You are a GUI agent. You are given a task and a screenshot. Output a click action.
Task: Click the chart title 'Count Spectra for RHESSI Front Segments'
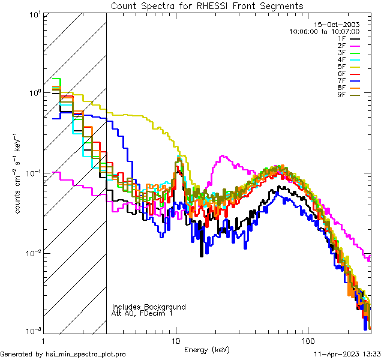tap(207, 6)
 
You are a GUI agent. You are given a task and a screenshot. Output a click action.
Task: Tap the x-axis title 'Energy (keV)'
tap(207, 349)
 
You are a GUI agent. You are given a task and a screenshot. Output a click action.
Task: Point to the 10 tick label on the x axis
tap(175, 340)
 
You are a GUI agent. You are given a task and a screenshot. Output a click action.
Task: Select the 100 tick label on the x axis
tap(307, 340)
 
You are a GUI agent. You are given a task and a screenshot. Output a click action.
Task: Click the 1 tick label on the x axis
tap(44, 340)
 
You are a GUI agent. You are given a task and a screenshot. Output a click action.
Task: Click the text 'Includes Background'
tap(149, 307)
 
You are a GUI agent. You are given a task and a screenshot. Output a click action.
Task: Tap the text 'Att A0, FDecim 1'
tap(142, 313)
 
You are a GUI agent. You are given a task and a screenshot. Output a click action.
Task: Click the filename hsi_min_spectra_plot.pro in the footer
tap(86, 355)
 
